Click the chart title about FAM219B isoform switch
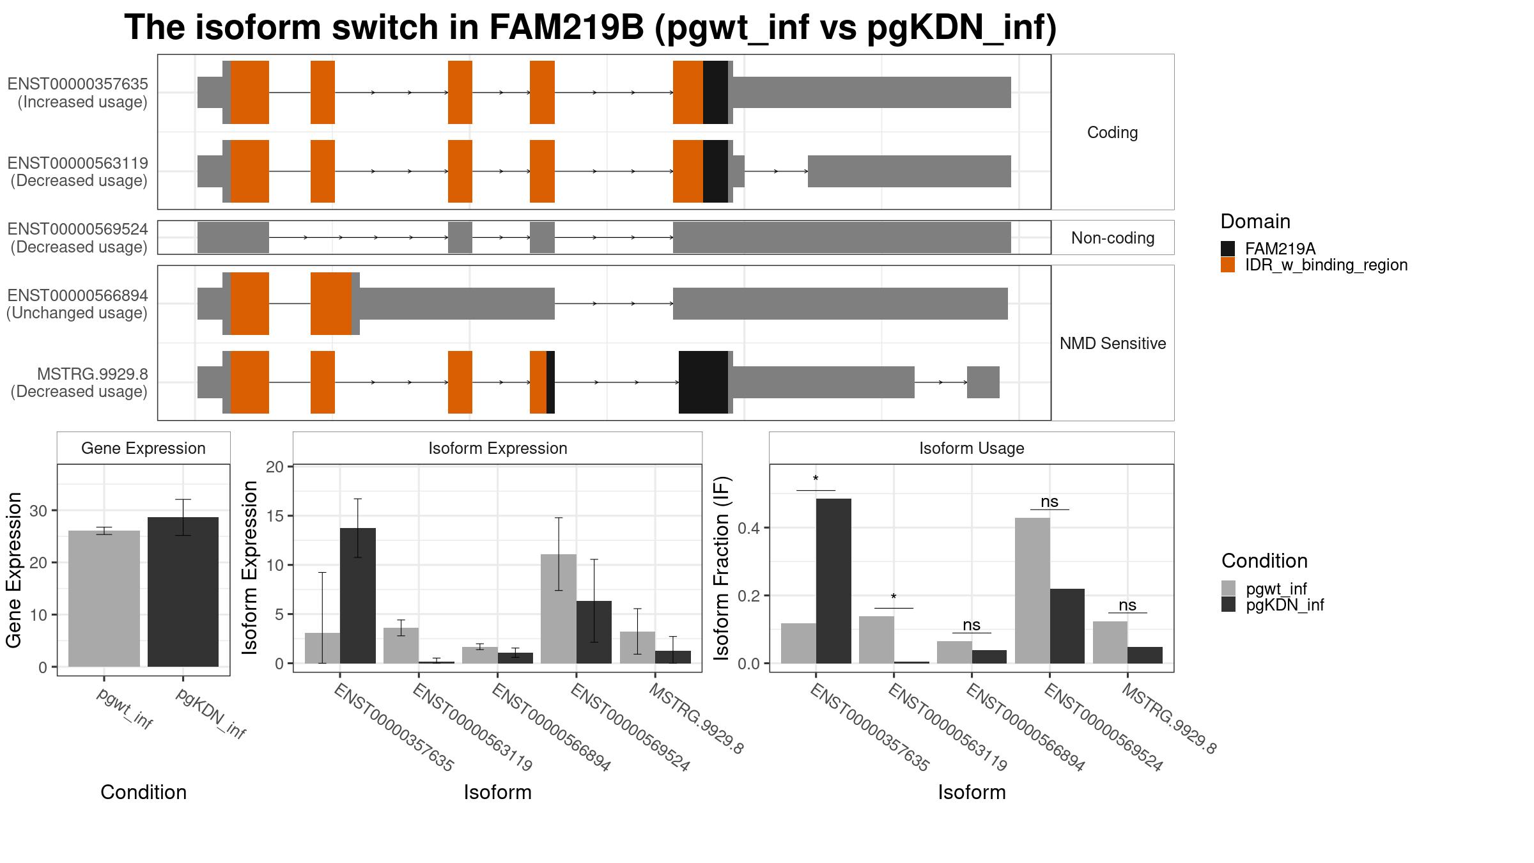(591, 27)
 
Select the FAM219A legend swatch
(1228, 249)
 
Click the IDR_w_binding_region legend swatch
(1228, 265)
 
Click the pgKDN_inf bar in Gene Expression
(183, 592)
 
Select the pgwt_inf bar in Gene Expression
(104, 598)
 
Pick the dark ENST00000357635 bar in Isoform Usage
(833, 581)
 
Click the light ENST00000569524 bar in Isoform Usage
(1032, 591)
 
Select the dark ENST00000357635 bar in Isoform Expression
(358, 596)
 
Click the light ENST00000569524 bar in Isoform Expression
(559, 609)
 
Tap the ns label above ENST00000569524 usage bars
(1050, 502)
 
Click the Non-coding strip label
(1113, 238)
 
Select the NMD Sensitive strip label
(1113, 343)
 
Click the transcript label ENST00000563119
(77, 163)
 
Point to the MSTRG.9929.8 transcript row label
(93, 374)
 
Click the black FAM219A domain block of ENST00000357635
(715, 92)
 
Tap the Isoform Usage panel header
(972, 448)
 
